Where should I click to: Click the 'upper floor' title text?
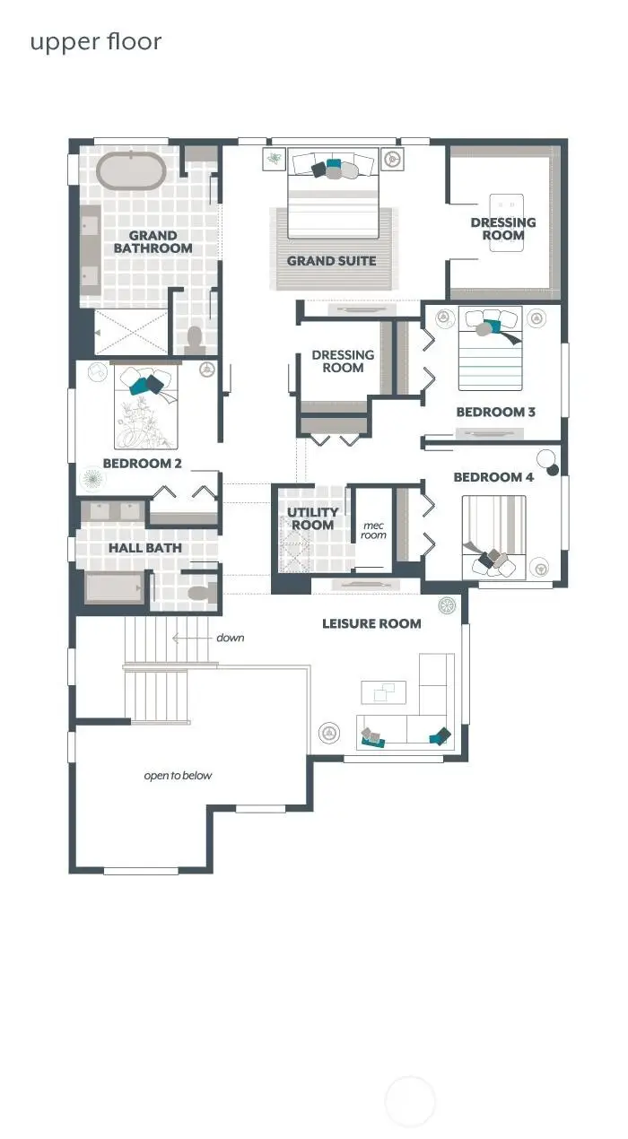(96, 43)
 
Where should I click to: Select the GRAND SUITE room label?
(332, 261)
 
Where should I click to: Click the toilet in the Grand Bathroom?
(195, 340)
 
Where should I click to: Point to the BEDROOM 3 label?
(496, 412)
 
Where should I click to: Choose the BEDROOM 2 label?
(143, 464)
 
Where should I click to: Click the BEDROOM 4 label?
(493, 477)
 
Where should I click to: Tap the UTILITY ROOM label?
(313, 518)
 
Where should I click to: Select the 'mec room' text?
(374, 530)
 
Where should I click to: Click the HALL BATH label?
(145, 548)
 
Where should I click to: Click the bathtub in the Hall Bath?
(115, 587)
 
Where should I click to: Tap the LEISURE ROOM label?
(371, 623)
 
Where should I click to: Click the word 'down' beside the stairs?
(231, 638)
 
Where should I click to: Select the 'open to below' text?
(178, 776)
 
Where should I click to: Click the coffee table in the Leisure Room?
(383, 692)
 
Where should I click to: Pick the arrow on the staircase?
(192, 638)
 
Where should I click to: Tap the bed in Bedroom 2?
(146, 408)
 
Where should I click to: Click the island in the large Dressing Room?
(506, 222)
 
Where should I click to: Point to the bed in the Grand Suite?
(334, 193)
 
